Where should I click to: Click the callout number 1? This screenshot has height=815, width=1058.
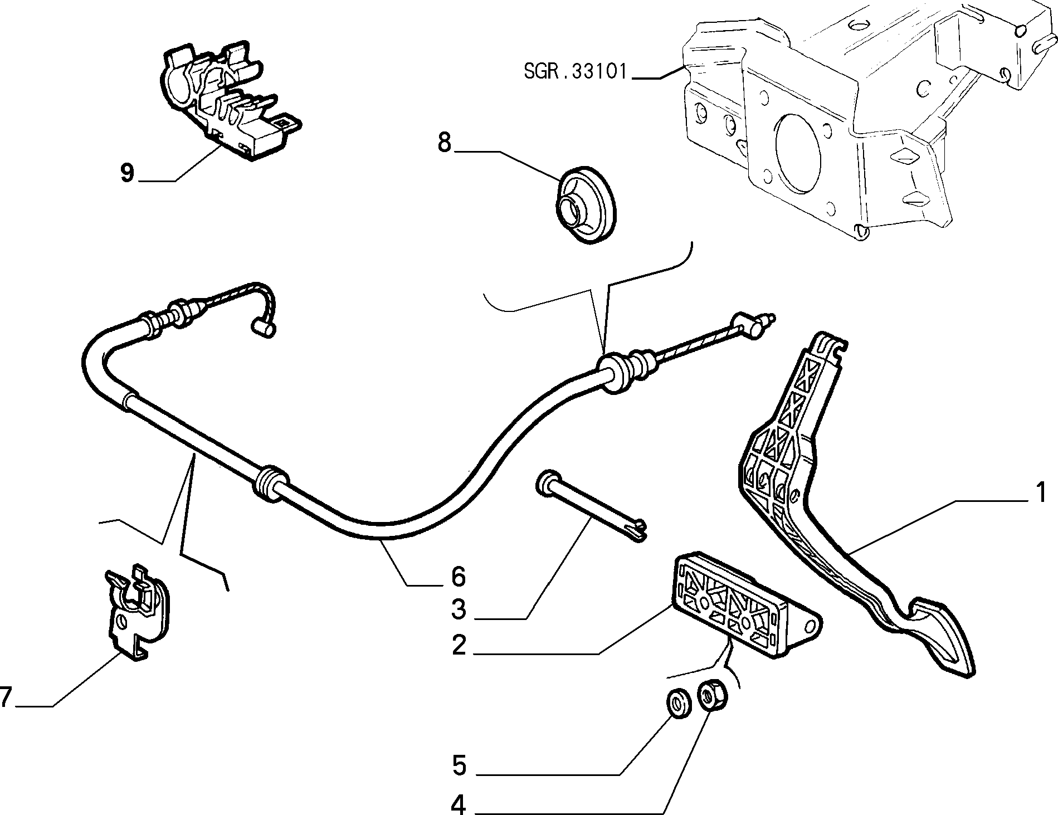[x=1039, y=494]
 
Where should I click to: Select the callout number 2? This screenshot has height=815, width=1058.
[x=459, y=646]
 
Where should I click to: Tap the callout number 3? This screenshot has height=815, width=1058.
[x=459, y=610]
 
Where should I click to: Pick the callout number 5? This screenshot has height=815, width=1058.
[x=459, y=766]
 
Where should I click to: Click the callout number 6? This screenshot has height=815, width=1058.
[x=459, y=577]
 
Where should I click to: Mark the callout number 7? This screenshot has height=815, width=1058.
[x=6, y=697]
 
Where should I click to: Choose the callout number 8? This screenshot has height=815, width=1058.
[x=444, y=143]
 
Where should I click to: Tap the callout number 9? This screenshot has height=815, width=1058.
[x=128, y=173]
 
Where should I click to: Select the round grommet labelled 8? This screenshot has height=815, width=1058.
[x=588, y=204]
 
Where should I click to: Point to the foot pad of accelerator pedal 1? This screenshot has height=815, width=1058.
[x=942, y=638]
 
